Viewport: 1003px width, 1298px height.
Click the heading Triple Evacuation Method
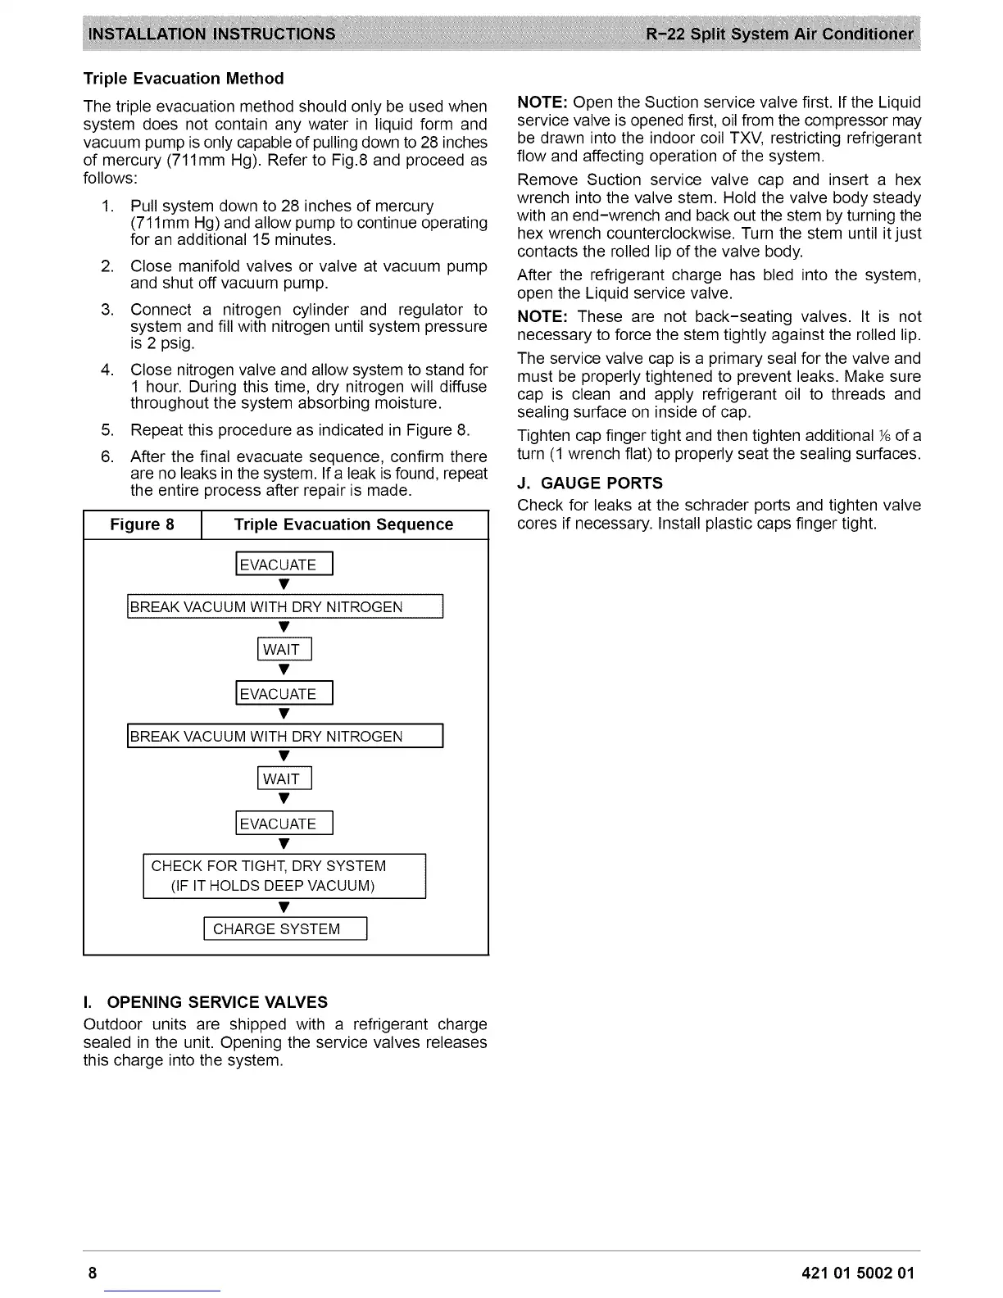(184, 79)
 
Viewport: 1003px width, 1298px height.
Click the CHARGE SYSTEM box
(284, 928)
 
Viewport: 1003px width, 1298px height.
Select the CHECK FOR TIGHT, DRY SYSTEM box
(284, 876)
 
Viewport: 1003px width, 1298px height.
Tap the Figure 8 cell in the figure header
(143, 524)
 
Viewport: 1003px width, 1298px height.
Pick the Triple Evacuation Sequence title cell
(343, 524)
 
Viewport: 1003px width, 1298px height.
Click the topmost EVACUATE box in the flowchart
(284, 565)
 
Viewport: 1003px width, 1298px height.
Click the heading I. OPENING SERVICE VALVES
(205, 1002)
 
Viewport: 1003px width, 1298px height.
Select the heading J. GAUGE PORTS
(590, 483)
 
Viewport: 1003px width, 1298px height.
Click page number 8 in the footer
(93, 1273)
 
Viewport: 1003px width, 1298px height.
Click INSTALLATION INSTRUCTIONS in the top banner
(211, 34)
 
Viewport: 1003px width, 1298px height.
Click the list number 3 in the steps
(107, 310)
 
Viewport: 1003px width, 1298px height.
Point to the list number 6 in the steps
(107, 456)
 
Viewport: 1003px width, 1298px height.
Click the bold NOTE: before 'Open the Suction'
(542, 102)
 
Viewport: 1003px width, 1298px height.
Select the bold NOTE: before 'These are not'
(542, 317)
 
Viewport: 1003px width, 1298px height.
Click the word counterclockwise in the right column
(636, 234)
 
